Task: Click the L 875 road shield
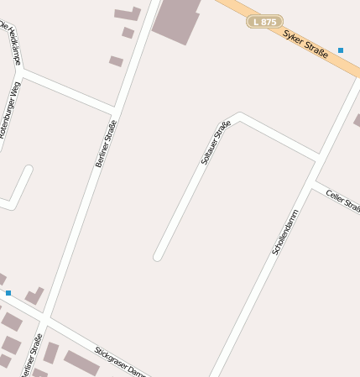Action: tap(264, 22)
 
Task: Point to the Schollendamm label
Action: tap(285, 233)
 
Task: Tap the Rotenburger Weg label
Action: tap(9, 109)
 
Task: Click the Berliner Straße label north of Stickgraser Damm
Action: tap(105, 144)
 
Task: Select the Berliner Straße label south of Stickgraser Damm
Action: tap(31, 357)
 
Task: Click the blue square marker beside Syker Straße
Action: tap(341, 50)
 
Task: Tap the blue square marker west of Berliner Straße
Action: tap(8, 293)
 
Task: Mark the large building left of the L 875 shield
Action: tap(177, 19)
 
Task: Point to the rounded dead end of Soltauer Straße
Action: tap(158, 255)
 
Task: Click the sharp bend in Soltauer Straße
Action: tap(238, 116)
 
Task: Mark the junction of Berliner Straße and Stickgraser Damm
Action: tap(45, 321)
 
